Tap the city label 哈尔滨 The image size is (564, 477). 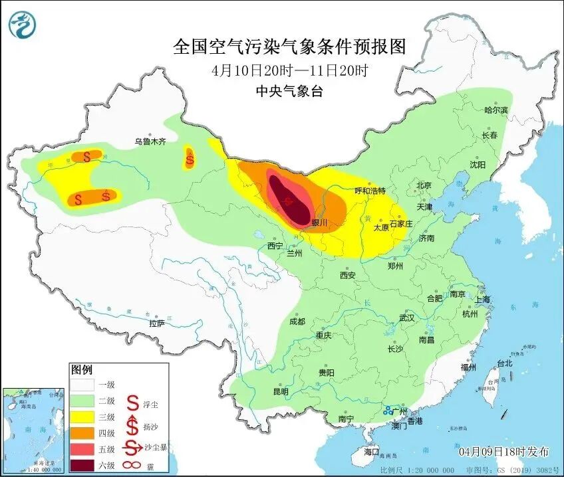495,110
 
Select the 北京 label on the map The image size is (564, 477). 424,185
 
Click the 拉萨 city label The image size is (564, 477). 156,324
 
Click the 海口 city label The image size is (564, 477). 371,452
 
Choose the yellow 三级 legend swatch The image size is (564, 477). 84,417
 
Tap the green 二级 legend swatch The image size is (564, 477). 84,401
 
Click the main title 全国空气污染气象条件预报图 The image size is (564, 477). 289,47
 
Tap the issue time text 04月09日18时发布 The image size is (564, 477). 504,452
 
